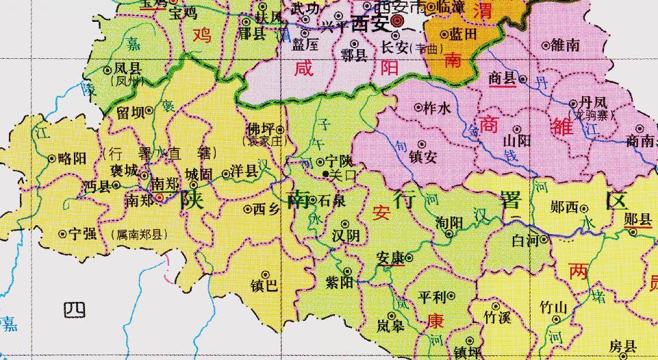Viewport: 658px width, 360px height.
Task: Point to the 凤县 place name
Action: [127, 68]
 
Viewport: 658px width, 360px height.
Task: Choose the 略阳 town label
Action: [72, 158]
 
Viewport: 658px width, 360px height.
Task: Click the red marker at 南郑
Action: [160, 197]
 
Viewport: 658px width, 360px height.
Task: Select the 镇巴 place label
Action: [264, 285]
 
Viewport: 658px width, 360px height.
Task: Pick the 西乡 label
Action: [266, 209]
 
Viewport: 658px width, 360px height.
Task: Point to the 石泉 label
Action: [331, 201]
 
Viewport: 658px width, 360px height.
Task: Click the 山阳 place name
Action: [517, 140]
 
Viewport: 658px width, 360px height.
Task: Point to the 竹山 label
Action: [553, 307]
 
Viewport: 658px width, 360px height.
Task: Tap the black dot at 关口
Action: [325, 174]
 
